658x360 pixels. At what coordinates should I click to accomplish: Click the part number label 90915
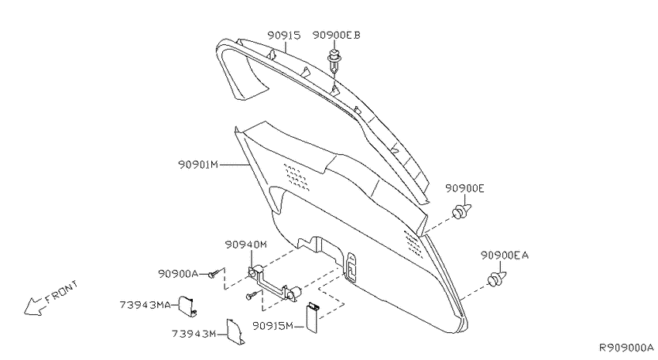[x=284, y=36]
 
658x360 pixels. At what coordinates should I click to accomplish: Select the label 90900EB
[x=336, y=36]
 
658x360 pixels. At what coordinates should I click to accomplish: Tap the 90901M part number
[x=198, y=164]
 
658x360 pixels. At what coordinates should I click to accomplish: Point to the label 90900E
[x=464, y=188]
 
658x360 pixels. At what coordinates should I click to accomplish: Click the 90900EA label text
[x=505, y=255]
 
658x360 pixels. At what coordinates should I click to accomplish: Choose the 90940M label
[x=245, y=244]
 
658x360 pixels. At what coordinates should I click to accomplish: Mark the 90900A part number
[x=178, y=273]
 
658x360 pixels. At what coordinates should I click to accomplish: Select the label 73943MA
[x=146, y=304]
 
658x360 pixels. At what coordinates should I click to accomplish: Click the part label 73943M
[x=194, y=334]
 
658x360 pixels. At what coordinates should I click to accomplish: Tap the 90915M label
[x=272, y=326]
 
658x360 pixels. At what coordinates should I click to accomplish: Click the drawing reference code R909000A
[x=625, y=348]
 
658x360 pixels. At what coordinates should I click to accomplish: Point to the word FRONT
[x=62, y=292]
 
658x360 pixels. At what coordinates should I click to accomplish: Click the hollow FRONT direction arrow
[x=33, y=307]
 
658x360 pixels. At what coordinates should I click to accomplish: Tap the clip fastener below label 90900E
[x=462, y=211]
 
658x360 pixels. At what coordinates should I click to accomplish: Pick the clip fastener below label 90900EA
[x=497, y=279]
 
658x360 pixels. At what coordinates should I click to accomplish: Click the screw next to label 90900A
[x=214, y=274]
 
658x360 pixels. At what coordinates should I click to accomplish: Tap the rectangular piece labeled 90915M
[x=312, y=317]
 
